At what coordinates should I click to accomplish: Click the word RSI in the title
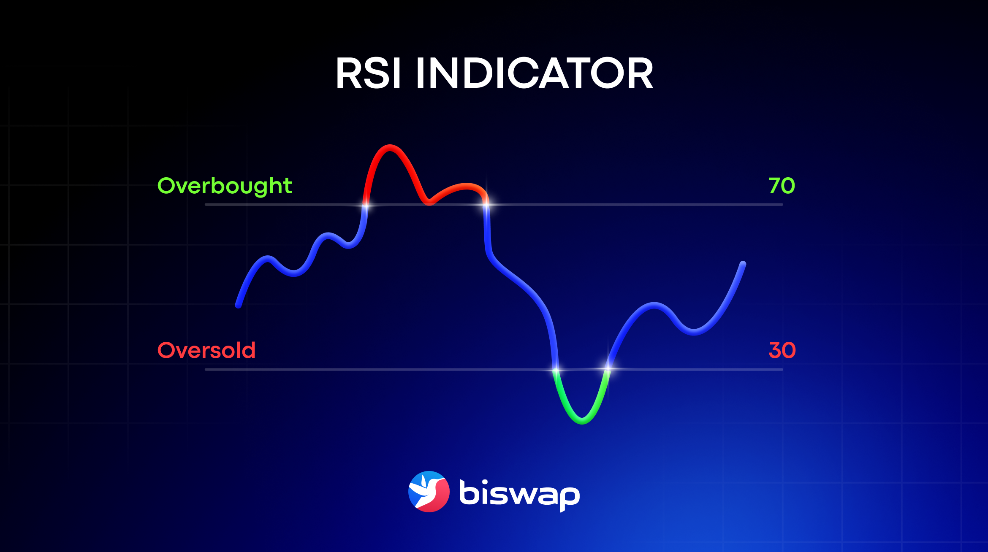[x=368, y=74]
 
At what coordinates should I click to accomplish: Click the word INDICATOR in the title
[x=535, y=74]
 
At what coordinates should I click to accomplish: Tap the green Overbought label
[x=225, y=186]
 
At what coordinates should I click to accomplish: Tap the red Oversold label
[x=206, y=350]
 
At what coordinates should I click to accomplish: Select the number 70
[x=782, y=186]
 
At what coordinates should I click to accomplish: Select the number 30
[x=782, y=350]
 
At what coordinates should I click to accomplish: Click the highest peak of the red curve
[x=389, y=148]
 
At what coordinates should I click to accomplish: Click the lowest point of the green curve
[x=582, y=421]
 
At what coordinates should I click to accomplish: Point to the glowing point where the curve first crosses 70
[x=366, y=205]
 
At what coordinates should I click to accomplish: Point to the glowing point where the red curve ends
[x=486, y=205]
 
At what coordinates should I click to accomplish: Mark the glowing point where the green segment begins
[x=556, y=370]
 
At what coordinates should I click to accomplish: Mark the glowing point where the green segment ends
[x=608, y=370]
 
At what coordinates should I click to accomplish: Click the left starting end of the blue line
[x=238, y=305]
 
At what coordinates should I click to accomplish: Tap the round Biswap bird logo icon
[x=429, y=492]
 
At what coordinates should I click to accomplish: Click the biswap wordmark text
[x=519, y=494]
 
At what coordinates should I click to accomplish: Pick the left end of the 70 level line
[x=206, y=205]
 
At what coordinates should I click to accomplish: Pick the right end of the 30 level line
[x=782, y=370]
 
